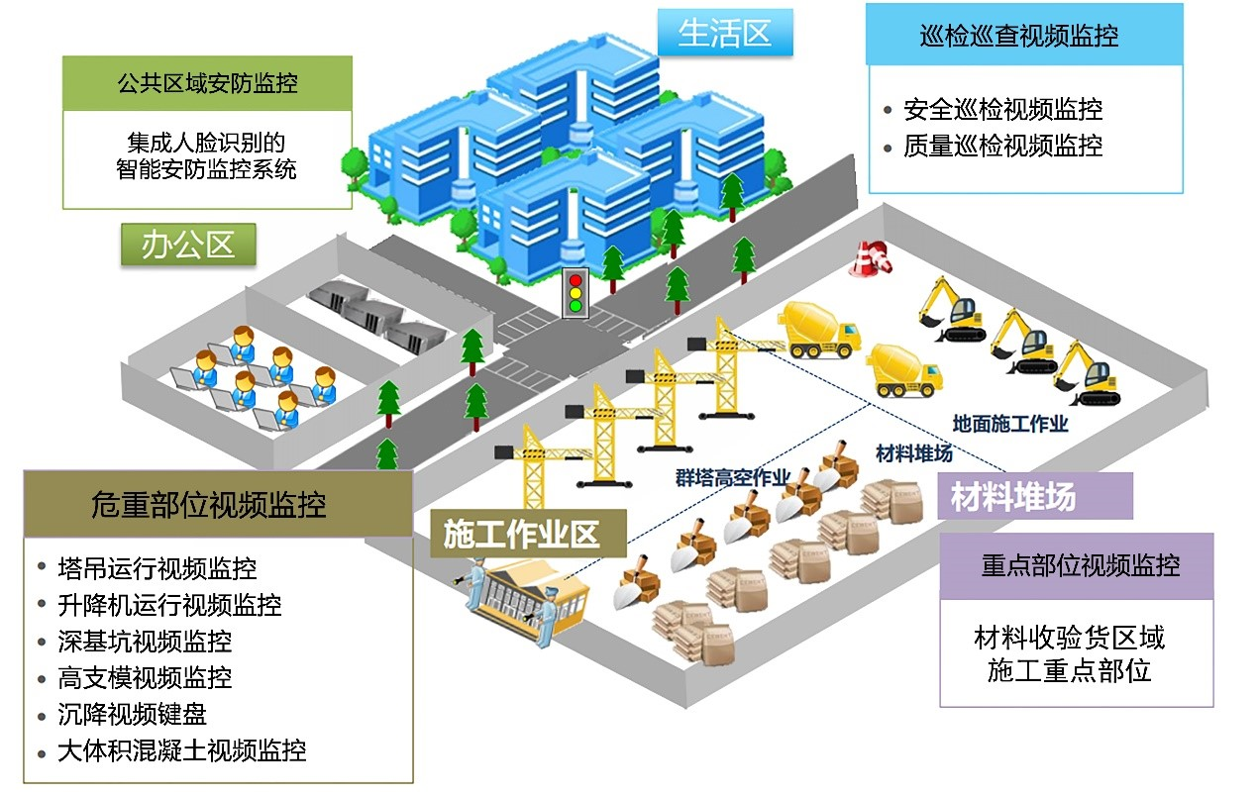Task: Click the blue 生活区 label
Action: pyautogui.click(x=725, y=33)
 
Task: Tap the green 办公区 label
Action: pyautogui.click(x=188, y=245)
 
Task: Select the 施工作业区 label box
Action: pyautogui.click(x=528, y=534)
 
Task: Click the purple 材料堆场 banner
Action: pyautogui.click(x=1035, y=496)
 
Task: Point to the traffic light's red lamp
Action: pyautogui.click(x=576, y=280)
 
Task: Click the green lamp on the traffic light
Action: pyautogui.click(x=576, y=306)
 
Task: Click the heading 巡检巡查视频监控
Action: pyautogui.click(x=1019, y=36)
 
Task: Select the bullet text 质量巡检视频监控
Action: pyautogui.click(x=1002, y=146)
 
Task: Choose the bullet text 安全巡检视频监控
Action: pyautogui.click(x=1002, y=109)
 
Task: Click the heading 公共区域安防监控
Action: pyautogui.click(x=207, y=83)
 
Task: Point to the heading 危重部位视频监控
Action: pyautogui.click(x=208, y=504)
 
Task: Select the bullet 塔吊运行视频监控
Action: pyautogui.click(x=157, y=569)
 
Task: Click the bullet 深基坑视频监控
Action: pyautogui.click(x=145, y=642)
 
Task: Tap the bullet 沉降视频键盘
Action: pyautogui.click(x=133, y=714)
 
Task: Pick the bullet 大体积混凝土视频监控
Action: pyautogui.click(x=182, y=751)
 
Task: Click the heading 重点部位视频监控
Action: pyautogui.click(x=1081, y=565)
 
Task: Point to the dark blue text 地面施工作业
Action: pyautogui.click(x=1010, y=424)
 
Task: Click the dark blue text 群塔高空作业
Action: pyautogui.click(x=733, y=478)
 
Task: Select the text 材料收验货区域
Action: pyautogui.click(x=1070, y=638)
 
